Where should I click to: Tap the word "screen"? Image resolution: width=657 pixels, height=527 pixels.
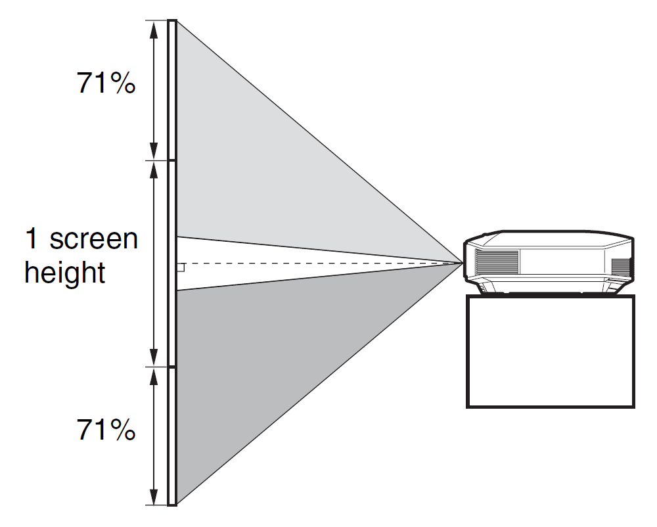coord(93,239)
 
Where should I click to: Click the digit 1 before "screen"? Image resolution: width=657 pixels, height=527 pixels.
coord(32,239)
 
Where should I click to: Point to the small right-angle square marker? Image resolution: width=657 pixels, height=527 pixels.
coord(181,267)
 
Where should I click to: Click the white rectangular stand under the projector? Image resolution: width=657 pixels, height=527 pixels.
coord(551,352)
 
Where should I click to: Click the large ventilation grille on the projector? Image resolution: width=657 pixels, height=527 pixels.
coord(497,261)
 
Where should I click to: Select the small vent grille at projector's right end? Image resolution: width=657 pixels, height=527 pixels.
coord(621,267)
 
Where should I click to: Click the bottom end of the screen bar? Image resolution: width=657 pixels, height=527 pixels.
coord(172,504)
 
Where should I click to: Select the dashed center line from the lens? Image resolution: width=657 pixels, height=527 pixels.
coord(328,263)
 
